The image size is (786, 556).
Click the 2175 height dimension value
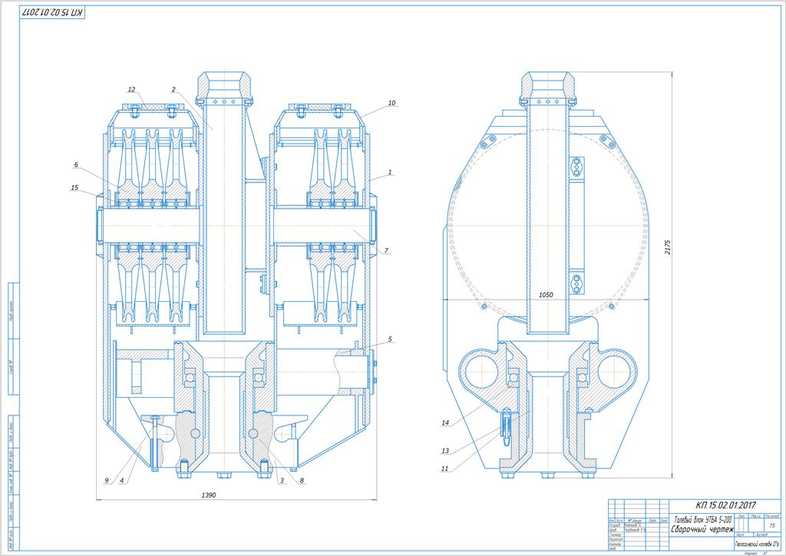[668, 247]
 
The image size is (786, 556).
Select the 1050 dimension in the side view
[546, 294]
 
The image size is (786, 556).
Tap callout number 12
[131, 89]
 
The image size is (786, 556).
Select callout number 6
[76, 165]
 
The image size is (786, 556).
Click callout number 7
[387, 250]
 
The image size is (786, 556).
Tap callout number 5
[390, 339]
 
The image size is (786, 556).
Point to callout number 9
[106, 481]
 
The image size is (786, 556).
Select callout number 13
[444, 451]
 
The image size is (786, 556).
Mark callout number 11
[444, 468]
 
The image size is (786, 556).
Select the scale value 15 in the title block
[772, 525]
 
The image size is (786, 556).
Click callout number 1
[391, 173]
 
